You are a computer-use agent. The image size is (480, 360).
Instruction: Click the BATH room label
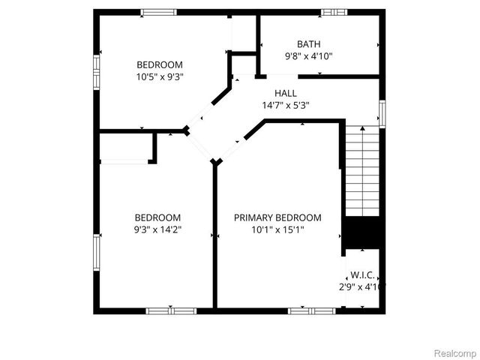308,44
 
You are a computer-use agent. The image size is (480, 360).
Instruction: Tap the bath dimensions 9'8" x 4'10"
308,56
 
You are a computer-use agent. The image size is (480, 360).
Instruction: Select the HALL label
285,93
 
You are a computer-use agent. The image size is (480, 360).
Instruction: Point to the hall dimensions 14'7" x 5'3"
285,106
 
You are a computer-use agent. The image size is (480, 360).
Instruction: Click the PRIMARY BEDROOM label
277,218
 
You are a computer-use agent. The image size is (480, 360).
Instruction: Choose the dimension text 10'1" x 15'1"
277,230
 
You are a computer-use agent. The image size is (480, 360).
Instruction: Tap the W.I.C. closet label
362,276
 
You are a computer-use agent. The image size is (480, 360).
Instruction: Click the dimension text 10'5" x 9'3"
160,76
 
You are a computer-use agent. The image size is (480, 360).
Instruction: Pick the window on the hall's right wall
382,113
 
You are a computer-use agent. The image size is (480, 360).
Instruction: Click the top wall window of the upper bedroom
159,12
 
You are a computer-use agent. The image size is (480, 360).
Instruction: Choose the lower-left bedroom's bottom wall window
171,310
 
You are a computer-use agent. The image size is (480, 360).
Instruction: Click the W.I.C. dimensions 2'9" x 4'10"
362,287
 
